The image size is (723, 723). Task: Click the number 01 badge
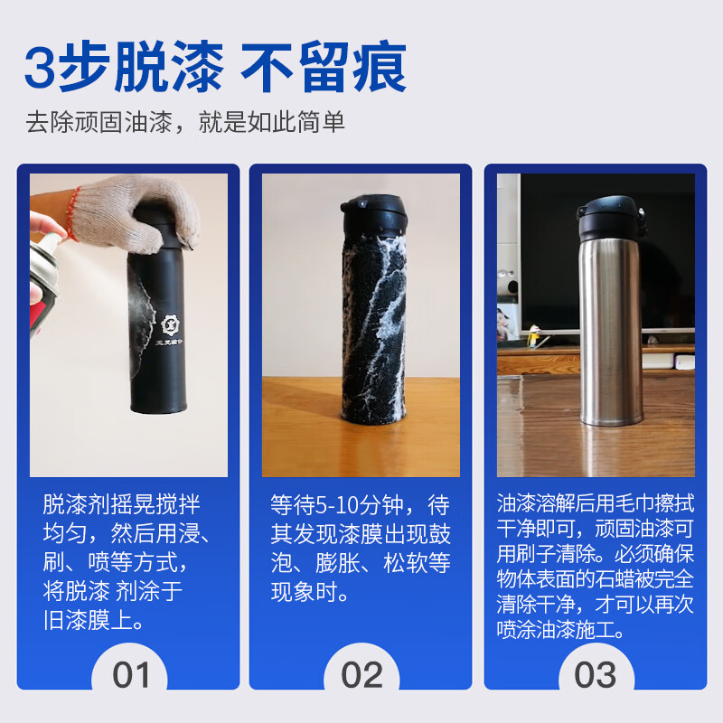coord(133,675)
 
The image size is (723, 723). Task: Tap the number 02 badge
coord(361,675)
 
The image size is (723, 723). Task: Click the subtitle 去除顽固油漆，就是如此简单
coord(185,123)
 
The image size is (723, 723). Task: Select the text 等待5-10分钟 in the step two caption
coord(339,504)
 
